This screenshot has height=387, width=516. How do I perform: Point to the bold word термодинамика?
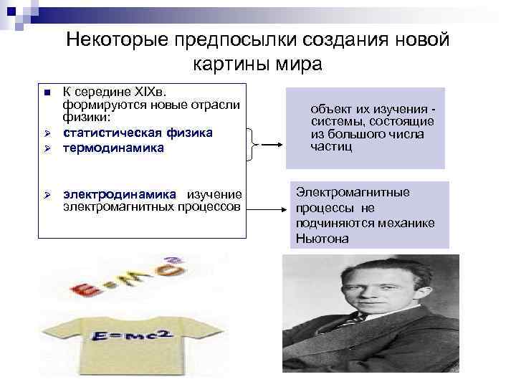pos(113,148)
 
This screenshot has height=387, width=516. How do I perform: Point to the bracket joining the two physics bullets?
pos(253,142)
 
